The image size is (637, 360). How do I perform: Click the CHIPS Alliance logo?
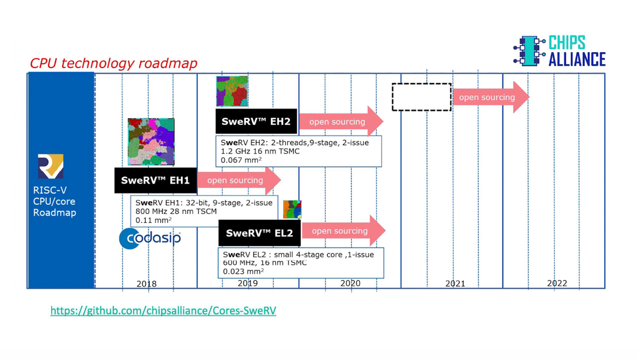pyautogui.click(x=559, y=51)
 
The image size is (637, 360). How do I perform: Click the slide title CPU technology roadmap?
pyautogui.click(x=113, y=63)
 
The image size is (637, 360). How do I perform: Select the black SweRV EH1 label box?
pyautogui.click(x=156, y=180)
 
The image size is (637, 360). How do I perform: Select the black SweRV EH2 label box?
pyautogui.click(x=256, y=121)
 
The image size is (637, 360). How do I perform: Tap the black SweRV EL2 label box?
pyautogui.click(x=259, y=233)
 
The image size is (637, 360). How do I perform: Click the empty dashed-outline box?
pyautogui.click(x=422, y=97)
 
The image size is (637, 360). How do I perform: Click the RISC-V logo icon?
pyautogui.click(x=51, y=166)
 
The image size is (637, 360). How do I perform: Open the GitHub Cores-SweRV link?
pyautogui.click(x=163, y=311)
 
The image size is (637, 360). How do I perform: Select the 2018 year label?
pyautogui.click(x=146, y=284)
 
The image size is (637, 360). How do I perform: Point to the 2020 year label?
pyautogui.click(x=350, y=283)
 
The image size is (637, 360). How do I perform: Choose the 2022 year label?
pyautogui.click(x=557, y=283)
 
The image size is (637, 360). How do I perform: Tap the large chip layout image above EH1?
pyautogui.click(x=151, y=142)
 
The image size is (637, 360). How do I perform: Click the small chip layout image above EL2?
pyautogui.click(x=292, y=209)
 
